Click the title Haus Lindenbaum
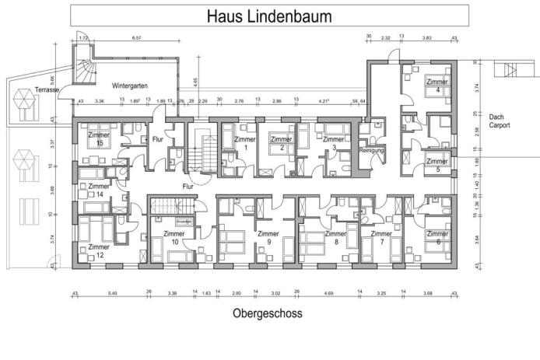(269, 16)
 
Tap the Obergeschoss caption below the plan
(267, 314)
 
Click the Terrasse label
(47, 90)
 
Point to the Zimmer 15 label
(100, 138)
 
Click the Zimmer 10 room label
(175, 237)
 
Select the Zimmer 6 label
(437, 237)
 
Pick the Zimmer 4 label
(437, 86)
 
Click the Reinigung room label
(373, 150)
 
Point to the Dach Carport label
(499, 121)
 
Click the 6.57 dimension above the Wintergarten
(137, 37)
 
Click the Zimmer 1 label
(245, 143)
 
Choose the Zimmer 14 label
(99, 190)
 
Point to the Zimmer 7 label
(381, 237)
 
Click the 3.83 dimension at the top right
(426, 37)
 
